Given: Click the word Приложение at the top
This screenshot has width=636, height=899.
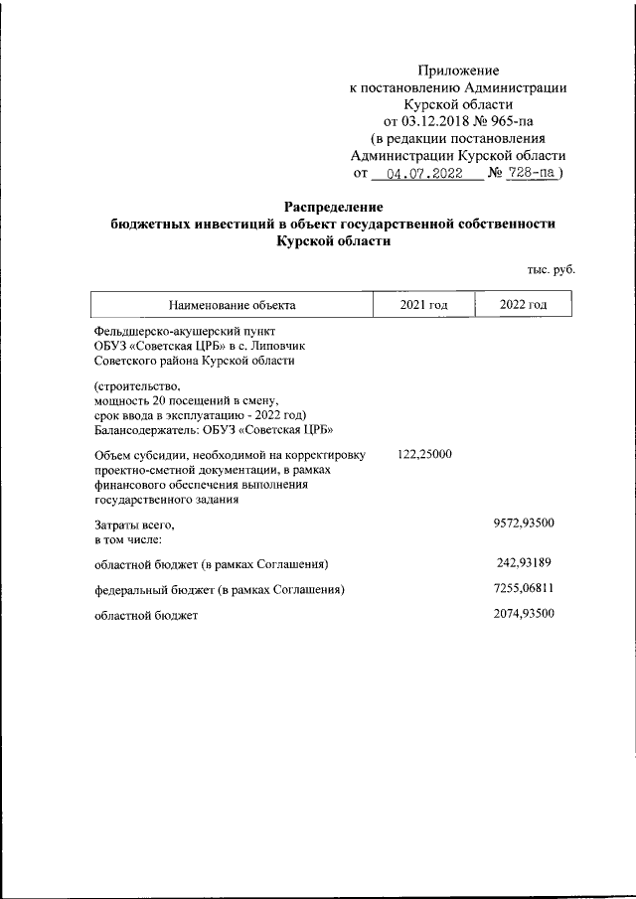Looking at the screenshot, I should point(458,71).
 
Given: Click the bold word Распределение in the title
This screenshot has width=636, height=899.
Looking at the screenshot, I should point(333,207).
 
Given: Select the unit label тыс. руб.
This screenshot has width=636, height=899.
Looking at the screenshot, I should point(551,269).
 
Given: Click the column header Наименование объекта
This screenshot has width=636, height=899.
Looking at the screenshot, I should point(232,305).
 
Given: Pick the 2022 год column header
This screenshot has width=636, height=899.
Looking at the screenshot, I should point(523,304).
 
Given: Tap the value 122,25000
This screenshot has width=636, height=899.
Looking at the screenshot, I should point(424,454).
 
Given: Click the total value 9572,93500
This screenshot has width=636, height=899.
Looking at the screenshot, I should point(523,522).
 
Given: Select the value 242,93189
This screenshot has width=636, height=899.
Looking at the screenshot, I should point(524,564).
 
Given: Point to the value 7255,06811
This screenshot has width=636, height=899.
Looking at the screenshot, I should point(523,589).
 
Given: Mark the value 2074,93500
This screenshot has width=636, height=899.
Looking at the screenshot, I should point(523,614).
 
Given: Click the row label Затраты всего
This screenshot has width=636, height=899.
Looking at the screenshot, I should point(134,524).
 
